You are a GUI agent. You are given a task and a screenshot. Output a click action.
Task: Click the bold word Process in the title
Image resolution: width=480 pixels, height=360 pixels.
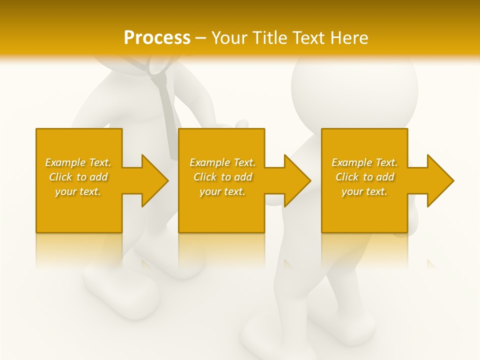pos(157,37)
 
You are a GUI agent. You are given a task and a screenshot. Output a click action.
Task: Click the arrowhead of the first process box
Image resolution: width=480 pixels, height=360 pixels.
pos(153,180)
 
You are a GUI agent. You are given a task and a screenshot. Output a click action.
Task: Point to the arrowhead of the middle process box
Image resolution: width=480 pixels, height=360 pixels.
pos(295,180)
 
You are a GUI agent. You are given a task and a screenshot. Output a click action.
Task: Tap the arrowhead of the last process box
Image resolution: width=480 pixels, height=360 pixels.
pos(438,180)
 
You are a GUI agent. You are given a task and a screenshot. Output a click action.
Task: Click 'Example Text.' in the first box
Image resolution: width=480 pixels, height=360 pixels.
pos(78,162)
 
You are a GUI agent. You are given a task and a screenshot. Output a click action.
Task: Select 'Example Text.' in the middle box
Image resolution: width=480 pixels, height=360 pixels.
pos(222,162)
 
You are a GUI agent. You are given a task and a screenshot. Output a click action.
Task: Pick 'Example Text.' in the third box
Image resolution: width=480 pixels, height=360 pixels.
pos(364,162)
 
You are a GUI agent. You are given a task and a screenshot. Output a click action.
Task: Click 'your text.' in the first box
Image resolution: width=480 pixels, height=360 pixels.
pos(78,191)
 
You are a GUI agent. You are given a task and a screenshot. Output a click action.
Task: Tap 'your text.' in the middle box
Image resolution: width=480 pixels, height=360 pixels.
pos(222,191)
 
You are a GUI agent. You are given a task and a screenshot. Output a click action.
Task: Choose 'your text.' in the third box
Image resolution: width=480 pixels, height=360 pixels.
pos(364,191)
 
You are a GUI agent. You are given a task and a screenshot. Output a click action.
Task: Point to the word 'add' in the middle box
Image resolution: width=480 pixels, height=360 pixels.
pos(243,177)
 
